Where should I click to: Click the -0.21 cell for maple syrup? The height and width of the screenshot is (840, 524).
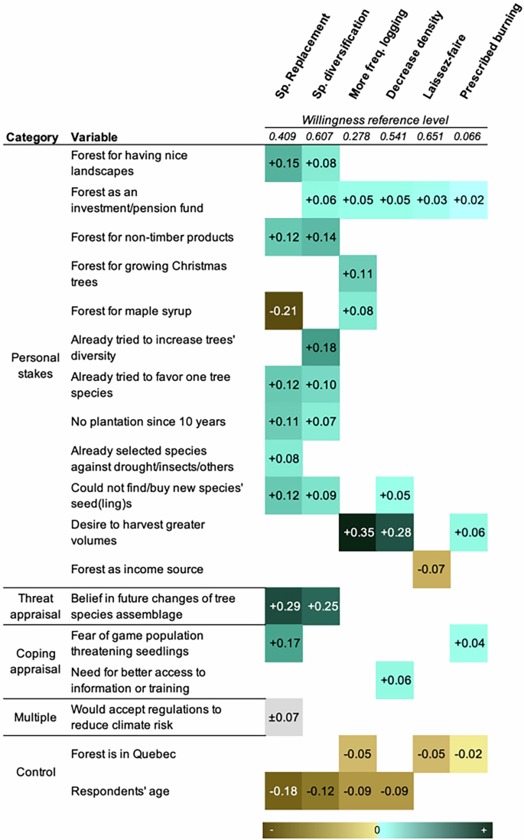point(284,311)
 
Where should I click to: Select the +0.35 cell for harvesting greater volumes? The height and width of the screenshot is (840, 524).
point(358,532)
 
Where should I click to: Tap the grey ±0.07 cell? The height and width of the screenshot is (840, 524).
point(284,717)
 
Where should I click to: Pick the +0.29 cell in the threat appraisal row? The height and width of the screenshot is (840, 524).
point(284,606)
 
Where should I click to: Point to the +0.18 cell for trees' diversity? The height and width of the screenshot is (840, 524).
point(321,348)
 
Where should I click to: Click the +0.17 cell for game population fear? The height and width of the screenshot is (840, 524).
point(284,643)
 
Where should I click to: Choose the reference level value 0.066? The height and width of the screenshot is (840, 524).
point(470,137)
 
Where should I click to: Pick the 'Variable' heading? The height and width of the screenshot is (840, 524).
point(94,138)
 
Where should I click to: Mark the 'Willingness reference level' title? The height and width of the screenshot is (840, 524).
point(375,120)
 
